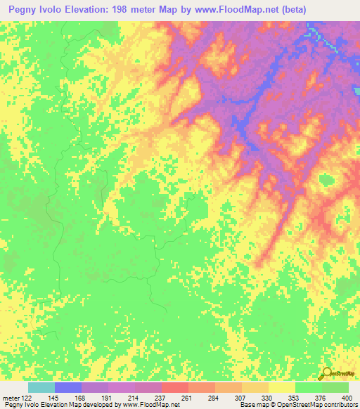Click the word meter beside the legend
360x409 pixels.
pos(11,398)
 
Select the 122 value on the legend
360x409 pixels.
pos(26,398)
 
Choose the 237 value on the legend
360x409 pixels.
pos(160,398)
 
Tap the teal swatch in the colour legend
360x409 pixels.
pos(41,387)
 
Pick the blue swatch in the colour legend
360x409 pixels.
pos(67,387)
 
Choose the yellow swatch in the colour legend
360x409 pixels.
pos(281,387)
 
